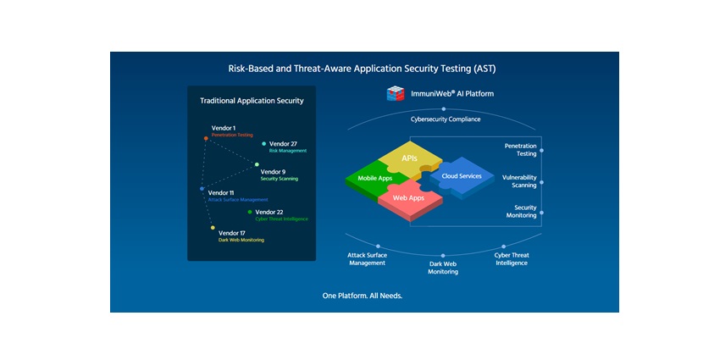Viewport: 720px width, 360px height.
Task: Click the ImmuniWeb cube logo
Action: [396, 94]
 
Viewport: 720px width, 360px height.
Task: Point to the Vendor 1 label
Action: [224, 128]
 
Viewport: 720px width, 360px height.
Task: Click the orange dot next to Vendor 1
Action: [206, 138]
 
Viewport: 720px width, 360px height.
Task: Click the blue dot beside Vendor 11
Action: [202, 189]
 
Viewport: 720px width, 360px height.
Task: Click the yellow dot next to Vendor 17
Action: [213, 227]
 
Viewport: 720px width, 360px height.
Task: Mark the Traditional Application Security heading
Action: [252, 101]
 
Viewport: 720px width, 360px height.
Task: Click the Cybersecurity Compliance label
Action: [446, 119]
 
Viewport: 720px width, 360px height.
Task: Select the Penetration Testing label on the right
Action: [520, 150]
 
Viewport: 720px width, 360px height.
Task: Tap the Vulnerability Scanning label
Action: [518, 181]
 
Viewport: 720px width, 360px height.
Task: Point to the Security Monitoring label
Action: [520, 211]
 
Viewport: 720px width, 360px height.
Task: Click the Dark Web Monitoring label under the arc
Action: [443, 267]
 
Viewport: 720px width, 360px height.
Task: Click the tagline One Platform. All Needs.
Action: [363, 296]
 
